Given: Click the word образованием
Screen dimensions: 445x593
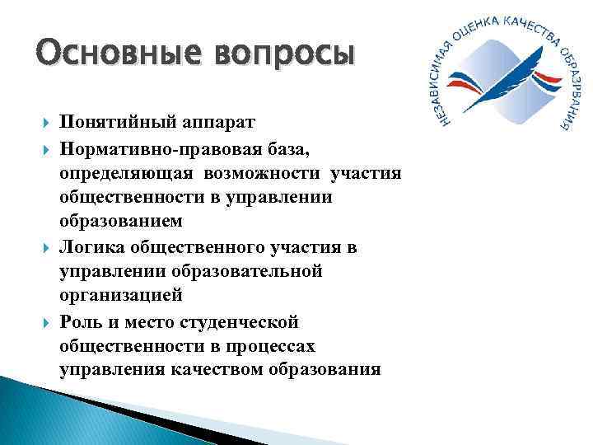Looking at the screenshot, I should click(x=124, y=222).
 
